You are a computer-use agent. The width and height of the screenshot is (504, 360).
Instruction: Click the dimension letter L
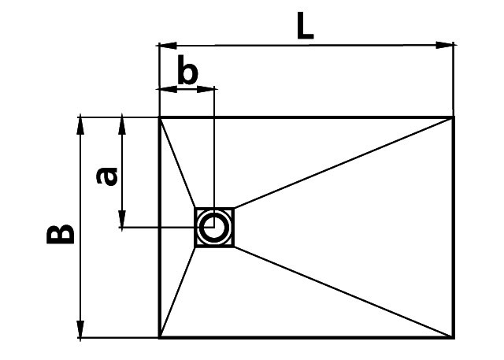(305, 26)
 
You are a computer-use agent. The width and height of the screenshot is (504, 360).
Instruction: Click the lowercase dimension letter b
(187, 70)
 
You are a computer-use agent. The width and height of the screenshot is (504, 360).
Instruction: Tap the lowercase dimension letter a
(107, 176)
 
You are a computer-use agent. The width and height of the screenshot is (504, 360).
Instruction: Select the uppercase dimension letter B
(61, 234)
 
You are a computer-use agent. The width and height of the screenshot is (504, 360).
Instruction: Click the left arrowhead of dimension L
(168, 46)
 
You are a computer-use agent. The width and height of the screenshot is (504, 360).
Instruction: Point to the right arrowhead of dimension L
(444, 46)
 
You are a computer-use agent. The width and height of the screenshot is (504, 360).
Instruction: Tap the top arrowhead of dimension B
(80, 126)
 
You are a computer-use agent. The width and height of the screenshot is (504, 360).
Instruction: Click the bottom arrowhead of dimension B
(80, 329)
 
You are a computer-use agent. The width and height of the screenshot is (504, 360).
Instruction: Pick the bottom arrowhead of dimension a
(122, 219)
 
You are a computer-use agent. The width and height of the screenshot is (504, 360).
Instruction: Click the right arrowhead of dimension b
(205, 89)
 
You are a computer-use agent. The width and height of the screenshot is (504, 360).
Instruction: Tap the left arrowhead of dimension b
(168, 89)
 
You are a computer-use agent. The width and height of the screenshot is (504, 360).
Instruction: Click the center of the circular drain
(214, 227)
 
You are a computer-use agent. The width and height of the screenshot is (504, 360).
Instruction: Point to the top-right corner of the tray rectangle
(454, 117)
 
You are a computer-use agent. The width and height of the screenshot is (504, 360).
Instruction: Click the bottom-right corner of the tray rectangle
(454, 337)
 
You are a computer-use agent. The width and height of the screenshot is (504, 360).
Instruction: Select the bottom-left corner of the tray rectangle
(160, 337)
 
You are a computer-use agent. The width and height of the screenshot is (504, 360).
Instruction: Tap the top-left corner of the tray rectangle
(160, 117)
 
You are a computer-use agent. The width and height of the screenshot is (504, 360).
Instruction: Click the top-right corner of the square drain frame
(233, 209)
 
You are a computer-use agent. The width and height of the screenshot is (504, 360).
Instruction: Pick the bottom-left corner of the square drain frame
(195, 247)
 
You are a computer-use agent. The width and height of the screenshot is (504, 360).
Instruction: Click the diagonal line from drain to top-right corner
(343, 163)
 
